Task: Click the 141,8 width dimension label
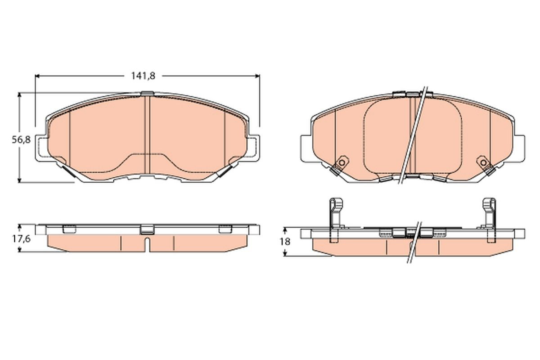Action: (x=143, y=76)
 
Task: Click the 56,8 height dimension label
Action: (x=21, y=139)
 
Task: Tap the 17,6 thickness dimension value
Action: (x=21, y=239)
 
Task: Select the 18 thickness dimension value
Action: (x=285, y=241)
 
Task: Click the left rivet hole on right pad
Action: (x=342, y=162)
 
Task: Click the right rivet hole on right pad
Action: (x=483, y=162)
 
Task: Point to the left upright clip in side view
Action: (x=336, y=220)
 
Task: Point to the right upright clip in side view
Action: (x=490, y=220)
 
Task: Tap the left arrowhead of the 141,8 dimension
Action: (x=37, y=76)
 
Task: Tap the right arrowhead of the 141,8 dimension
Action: (x=258, y=76)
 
